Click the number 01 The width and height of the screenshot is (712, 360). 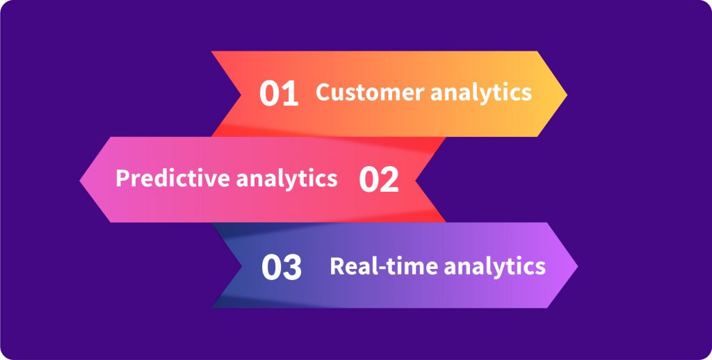click(279, 95)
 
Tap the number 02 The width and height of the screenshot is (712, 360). click(379, 180)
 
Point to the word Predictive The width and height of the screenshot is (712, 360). click(172, 179)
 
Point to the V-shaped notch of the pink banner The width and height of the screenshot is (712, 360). click(416, 180)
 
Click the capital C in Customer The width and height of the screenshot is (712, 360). click(323, 92)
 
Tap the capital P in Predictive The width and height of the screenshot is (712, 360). click(122, 179)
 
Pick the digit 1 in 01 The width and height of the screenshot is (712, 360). click(290, 95)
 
